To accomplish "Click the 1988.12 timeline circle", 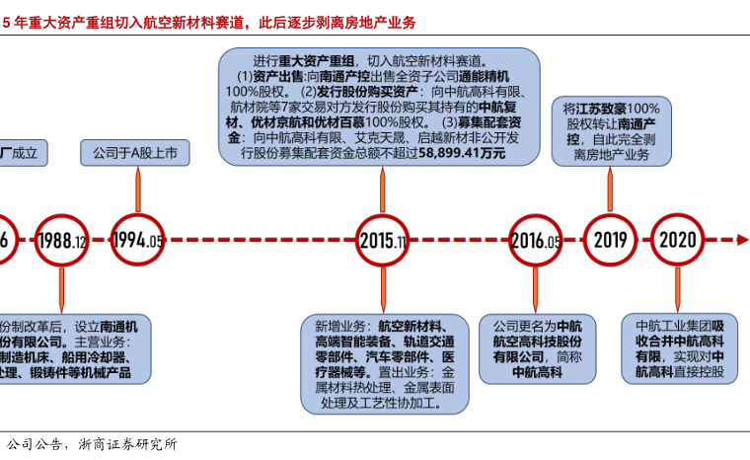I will [61, 240].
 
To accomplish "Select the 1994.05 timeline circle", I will [137, 240].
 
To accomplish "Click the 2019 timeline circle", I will [610, 240].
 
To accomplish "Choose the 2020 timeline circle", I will [677, 240].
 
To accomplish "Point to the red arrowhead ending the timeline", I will [742, 240].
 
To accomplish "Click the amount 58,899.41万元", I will [463, 154].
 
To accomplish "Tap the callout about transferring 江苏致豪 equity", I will [611, 131].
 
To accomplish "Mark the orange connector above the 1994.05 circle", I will [137, 190].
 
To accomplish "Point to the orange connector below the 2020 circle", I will [678, 291].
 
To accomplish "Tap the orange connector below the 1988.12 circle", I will [61, 291].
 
